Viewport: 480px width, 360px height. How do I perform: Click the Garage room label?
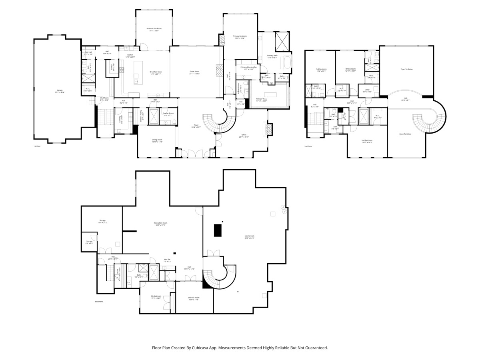pyautogui.click(x=60, y=92)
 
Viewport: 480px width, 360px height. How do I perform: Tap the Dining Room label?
pyautogui.click(x=157, y=140)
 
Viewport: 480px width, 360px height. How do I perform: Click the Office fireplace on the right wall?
pyautogui.click(x=269, y=129)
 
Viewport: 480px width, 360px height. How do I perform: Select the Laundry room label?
pyautogui.click(x=120, y=119)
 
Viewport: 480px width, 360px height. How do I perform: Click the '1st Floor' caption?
pyautogui.click(x=38, y=146)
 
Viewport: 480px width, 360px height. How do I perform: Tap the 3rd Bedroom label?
pyautogui.click(x=322, y=70)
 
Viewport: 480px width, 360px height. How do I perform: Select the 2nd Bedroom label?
pyautogui.click(x=367, y=141)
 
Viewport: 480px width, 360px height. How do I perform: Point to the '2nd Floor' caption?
pyautogui.click(x=308, y=146)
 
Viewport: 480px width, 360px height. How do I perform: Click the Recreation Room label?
pyautogui.click(x=160, y=224)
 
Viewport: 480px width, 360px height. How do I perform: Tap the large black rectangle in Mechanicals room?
pyautogui.click(x=218, y=230)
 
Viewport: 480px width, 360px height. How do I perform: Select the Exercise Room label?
pyautogui.click(x=194, y=298)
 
